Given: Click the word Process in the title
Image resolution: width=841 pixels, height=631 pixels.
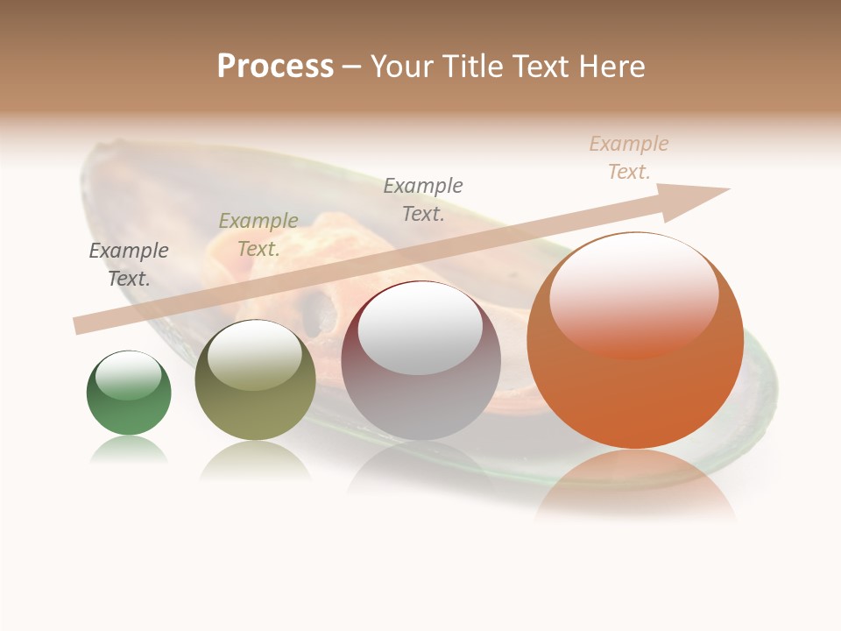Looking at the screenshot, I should (x=275, y=66).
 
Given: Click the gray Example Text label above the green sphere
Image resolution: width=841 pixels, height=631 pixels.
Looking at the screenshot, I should (x=129, y=264).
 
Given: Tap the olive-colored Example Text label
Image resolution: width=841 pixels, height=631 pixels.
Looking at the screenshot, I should (x=258, y=234).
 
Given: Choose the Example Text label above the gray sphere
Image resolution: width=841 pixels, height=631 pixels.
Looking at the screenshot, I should (x=423, y=199).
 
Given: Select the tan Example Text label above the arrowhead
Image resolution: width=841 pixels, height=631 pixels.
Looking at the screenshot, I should (x=629, y=157).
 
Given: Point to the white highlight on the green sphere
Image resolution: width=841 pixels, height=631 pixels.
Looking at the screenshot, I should (x=129, y=375).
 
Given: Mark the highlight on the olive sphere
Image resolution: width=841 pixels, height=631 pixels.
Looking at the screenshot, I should (x=255, y=352).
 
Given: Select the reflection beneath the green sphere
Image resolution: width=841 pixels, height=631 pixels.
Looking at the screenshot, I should (x=129, y=450).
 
